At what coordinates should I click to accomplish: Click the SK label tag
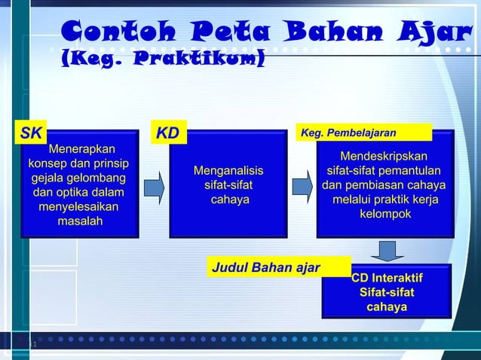pos(32,134)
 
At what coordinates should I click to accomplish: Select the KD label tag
pos(168,134)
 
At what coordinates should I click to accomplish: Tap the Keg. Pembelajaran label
pos(348,133)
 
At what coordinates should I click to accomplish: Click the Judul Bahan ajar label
pos(265,267)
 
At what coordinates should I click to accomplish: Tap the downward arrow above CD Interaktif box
pos(387,250)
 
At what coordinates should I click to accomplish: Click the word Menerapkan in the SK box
pos(78,149)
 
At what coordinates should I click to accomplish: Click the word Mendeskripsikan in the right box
pos(384,157)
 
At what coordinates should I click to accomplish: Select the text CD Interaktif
pos(387,279)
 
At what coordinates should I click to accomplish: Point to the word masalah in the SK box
pos(81,221)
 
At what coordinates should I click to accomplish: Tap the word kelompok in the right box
pos(384,214)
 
